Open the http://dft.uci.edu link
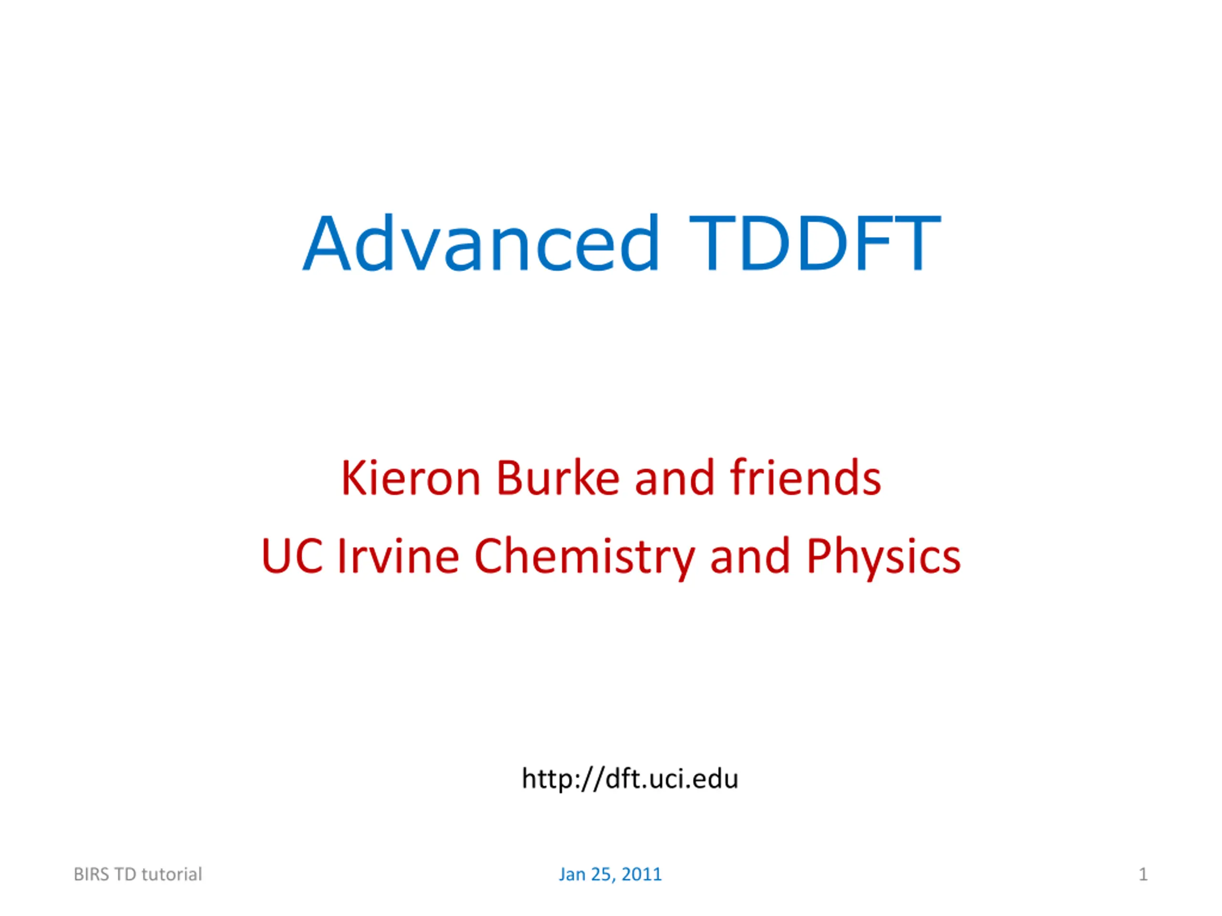pyautogui.click(x=630, y=779)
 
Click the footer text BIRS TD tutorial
pyautogui.click(x=137, y=874)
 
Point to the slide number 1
pyautogui.click(x=1143, y=874)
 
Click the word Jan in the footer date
pyautogui.click(x=572, y=874)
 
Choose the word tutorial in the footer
pyautogui.click(x=172, y=874)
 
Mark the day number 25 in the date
pyautogui.click(x=601, y=874)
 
